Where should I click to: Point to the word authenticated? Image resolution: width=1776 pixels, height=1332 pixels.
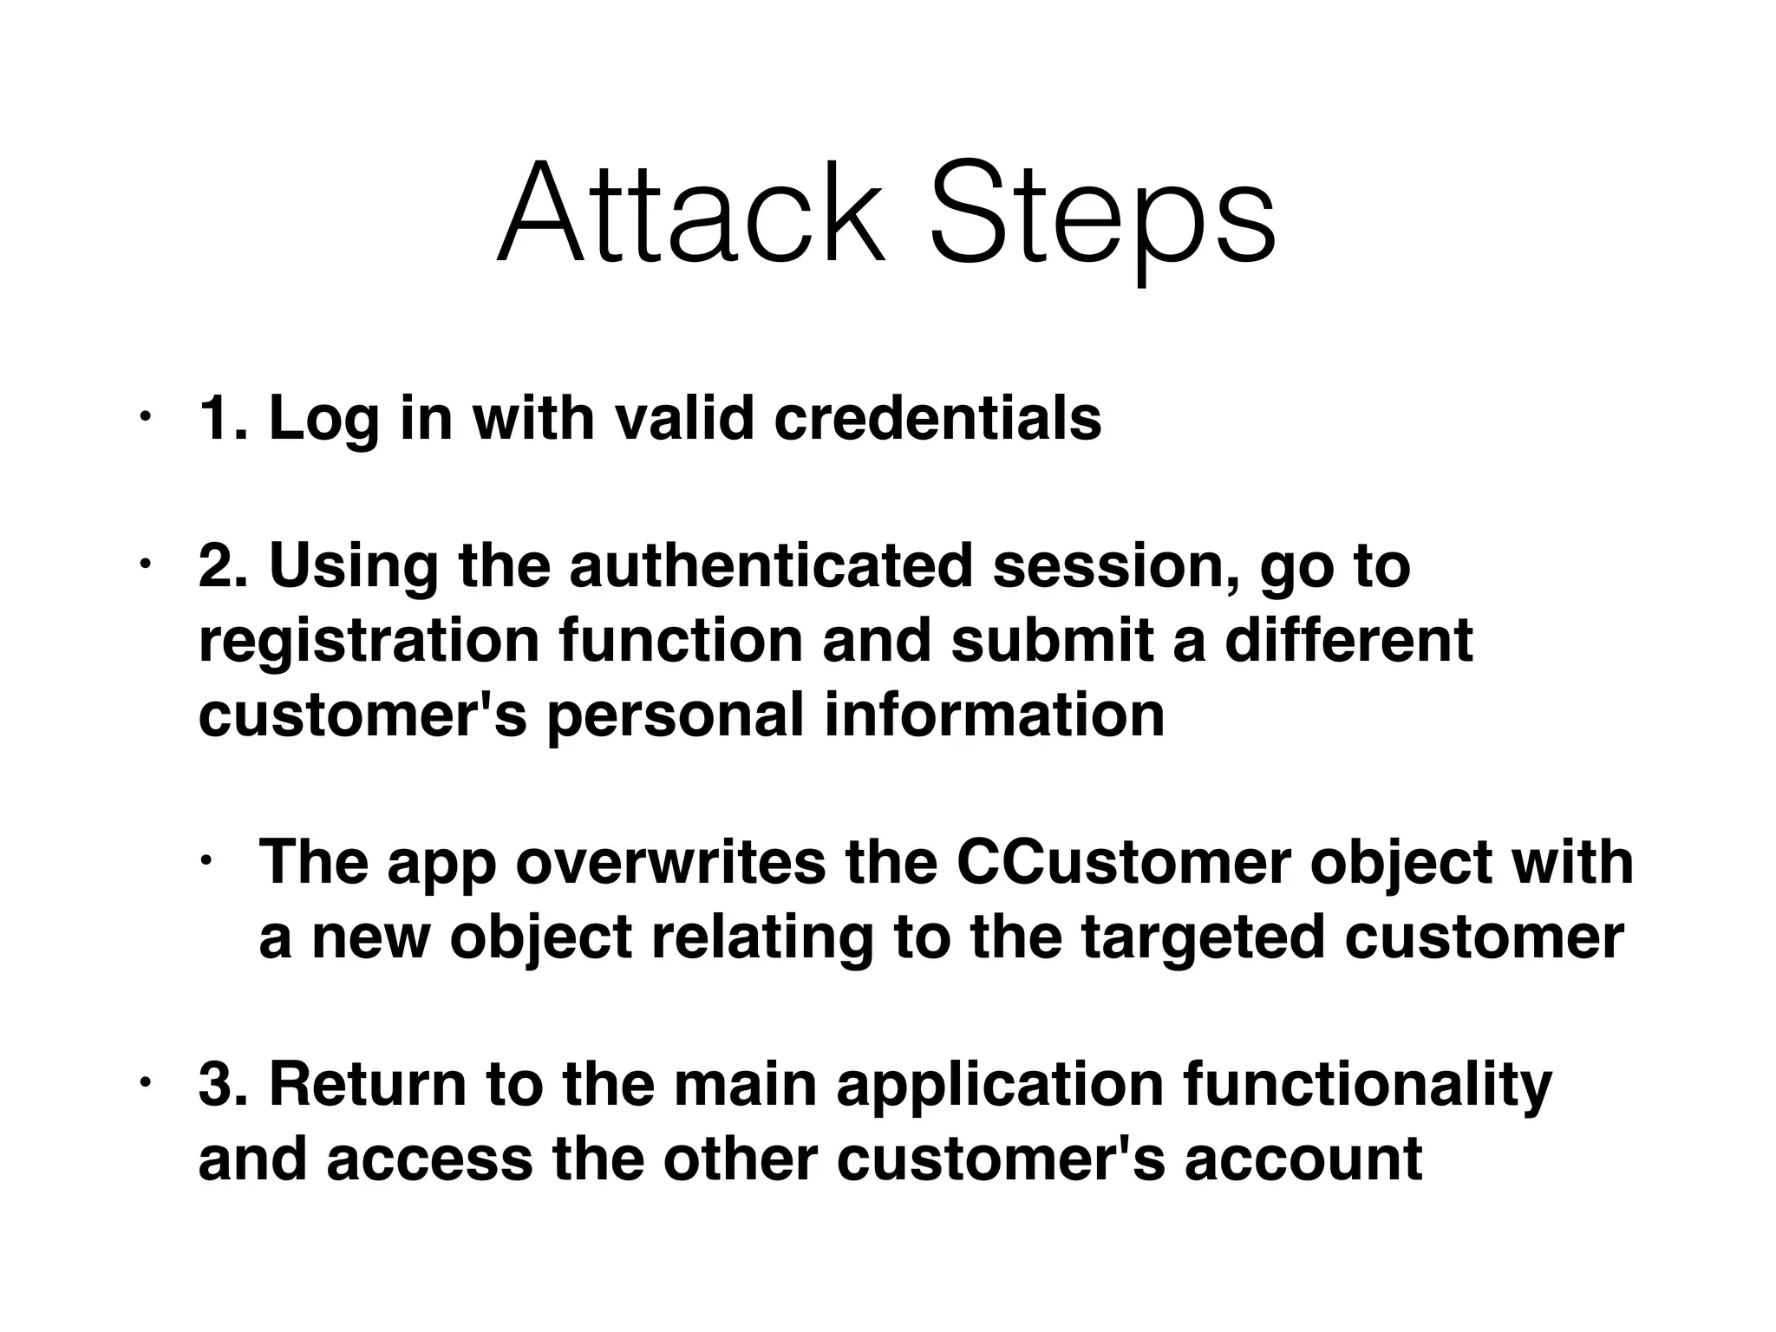770,565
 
